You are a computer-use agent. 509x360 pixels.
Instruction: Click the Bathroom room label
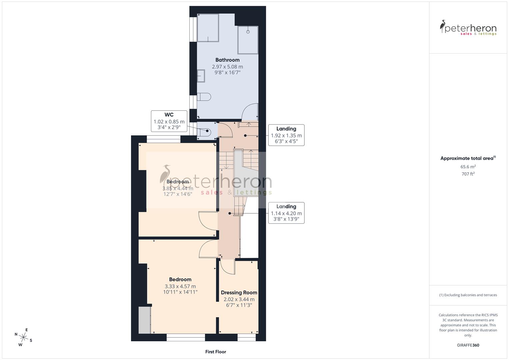227,60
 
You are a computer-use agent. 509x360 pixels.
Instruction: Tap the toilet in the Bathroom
204,97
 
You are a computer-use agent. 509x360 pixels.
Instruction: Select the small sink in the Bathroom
201,76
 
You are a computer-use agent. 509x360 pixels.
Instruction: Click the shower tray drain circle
248,32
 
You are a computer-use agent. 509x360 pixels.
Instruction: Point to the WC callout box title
169,115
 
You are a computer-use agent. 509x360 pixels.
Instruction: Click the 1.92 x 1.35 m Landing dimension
286,136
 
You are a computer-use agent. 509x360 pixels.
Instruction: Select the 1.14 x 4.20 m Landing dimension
286,214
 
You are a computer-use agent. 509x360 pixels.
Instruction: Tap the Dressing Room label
239,293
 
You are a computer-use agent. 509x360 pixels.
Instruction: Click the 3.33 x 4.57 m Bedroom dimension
180,286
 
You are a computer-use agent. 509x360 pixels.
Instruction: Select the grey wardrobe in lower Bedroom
145,320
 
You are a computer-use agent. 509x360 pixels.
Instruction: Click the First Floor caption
216,352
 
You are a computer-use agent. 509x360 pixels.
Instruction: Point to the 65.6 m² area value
468,167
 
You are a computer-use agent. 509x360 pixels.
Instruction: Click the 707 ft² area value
468,174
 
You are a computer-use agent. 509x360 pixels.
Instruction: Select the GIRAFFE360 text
468,345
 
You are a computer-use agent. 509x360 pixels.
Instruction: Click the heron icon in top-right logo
443,27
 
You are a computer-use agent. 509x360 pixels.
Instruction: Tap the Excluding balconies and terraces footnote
468,295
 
